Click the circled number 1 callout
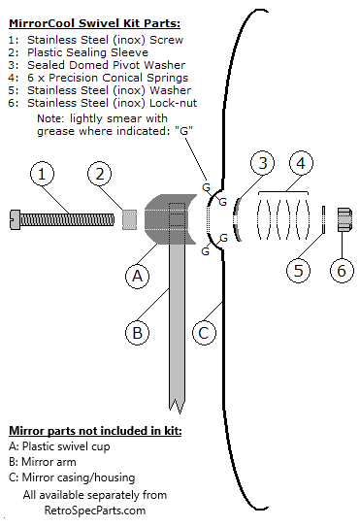click(42, 174)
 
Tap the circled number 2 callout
click(100, 174)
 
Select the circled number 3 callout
click(263, 163)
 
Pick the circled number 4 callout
click(301, 163)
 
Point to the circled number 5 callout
click(299, 271)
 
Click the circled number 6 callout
click(342, 271)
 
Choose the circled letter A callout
click(137, 277)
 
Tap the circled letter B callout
click(137, 333)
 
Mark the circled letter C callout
click(204, 333)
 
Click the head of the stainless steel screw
click(16, 219)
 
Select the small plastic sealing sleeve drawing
click(129, 219)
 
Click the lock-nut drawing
click(344, 219)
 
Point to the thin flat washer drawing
click(323, 219)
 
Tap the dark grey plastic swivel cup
click(170, 219)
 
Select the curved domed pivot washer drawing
click(237, 219)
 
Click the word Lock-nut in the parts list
click(173, 103)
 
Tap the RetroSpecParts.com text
click(95, 511)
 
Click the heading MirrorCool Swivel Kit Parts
click(94, 23)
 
